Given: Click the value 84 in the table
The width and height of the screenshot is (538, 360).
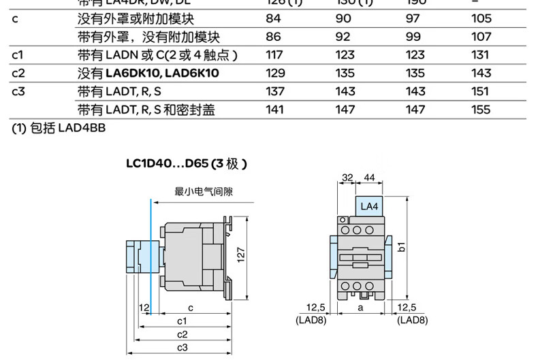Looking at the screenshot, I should click(x=273, y=19).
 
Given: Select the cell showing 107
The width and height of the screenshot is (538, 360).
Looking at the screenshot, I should click(x=481, y=37).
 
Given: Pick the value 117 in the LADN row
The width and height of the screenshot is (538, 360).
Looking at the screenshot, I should click(x=274, y=55).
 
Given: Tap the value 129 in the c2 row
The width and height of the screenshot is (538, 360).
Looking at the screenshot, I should click(x=274, y=73).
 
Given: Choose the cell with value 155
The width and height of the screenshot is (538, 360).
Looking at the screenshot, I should click(x=481, y=109).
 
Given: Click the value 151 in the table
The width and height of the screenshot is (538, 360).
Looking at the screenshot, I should click(x=481, y=91).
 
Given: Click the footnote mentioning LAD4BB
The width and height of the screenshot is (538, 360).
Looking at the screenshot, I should click(x=58, y=127).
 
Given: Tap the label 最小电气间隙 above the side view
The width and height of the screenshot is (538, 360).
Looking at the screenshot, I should click(x=204, y=192).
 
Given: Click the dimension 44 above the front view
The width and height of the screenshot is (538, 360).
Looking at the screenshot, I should click(x=370, y=178).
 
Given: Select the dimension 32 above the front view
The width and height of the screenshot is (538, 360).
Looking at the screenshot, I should click(x=347, y=178).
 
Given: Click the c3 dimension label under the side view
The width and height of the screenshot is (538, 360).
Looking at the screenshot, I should click(x=182, y=348).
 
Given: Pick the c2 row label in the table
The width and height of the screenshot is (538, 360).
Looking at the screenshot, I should click(x=18, y=73).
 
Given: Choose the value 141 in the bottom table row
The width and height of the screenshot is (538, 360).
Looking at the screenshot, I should click(x=274, y=109).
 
